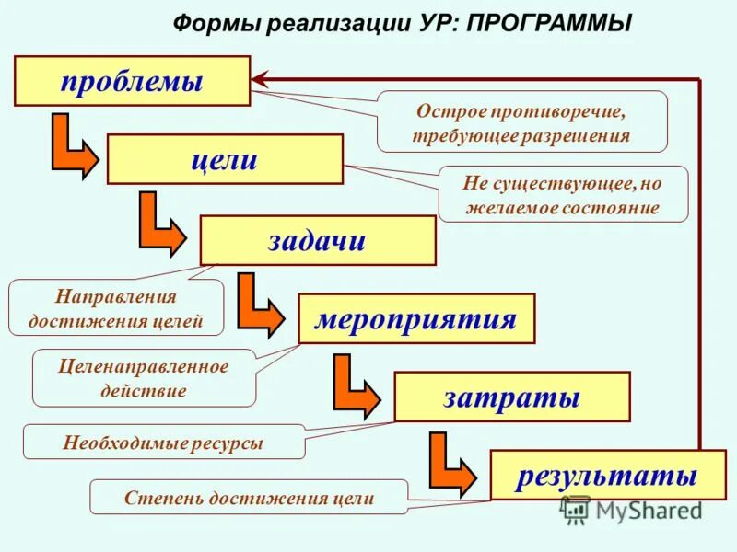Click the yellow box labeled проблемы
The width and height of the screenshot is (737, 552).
(x=132, y=81)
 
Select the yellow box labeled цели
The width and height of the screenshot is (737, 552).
(x=225, y=159)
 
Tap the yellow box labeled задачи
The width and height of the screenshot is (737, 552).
(x=318, y=240)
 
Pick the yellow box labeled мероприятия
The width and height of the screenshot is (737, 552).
(x=415, y=319)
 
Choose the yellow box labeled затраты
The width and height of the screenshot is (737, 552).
(x=512, y=397)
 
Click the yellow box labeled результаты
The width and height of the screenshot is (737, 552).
(x=607, y=475)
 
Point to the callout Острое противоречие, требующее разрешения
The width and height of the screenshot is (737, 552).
(x=521, y=121)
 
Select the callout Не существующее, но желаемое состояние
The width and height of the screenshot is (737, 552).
(x=562, y=194)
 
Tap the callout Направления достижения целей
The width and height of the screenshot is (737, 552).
(x=115, y=308)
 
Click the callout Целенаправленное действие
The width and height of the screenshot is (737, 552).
(x=143, y=378)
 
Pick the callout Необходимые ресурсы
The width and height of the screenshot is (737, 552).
(x=163, y=443)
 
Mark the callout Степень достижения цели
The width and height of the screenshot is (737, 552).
(x=249, y=498)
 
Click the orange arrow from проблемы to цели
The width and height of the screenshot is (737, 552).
(x=72, y=147)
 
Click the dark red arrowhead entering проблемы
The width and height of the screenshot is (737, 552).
(x=261, y=80)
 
